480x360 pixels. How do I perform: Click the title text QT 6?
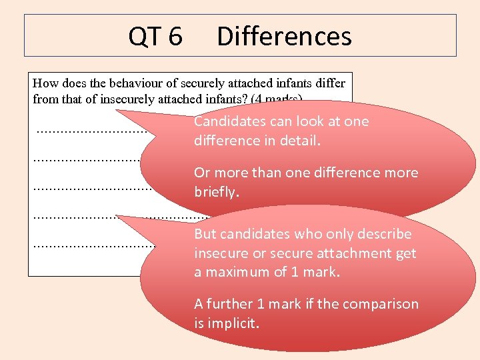click(x=155, y=37)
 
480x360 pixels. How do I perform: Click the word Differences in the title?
click(x=284, y=37)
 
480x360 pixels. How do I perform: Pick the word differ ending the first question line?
click(x=332, y=83)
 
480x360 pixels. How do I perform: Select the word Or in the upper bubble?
click(x=202, y=173)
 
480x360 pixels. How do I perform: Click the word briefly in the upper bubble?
click(x=216, y=192)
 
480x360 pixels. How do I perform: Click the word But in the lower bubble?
click(x=205, y=234)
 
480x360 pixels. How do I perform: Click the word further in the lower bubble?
click(x=230, y=304)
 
